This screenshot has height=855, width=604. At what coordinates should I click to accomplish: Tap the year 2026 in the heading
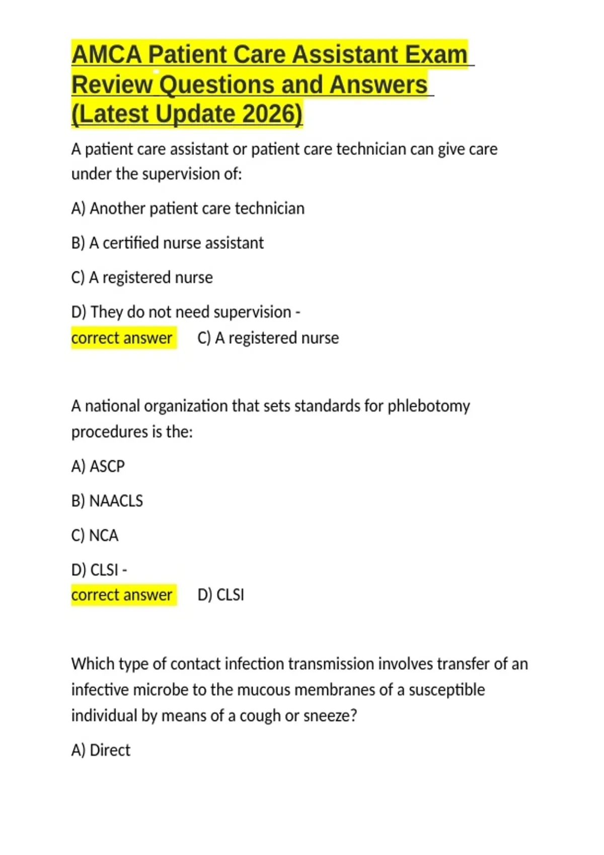click(x=272, y=114)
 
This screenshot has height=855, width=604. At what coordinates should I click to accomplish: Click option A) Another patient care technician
click(x=188, y=208)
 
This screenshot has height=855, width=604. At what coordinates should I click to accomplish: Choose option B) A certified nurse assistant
click(x=168, y=243)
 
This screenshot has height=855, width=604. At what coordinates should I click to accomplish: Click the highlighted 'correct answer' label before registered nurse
click(x=122, y=337)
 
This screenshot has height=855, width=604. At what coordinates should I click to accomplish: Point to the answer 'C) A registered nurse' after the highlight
click(x=268, y=337)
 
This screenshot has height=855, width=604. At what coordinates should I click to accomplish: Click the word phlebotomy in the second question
click(x=428, y=406)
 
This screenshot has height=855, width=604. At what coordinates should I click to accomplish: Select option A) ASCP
click(x=98, y=466)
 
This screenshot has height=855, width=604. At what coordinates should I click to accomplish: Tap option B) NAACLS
click(x=107, y=501)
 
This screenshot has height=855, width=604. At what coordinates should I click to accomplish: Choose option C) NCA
click(x=95, y=535)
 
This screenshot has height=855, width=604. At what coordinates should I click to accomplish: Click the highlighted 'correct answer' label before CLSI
click(x=122, y=594)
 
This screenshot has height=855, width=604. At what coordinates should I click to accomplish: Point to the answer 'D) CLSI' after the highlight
click(x=220, y=594)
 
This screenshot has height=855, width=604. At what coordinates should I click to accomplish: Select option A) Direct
click(x=101, y=750)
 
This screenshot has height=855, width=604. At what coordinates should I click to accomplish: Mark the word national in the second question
click(x=112, y=406)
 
